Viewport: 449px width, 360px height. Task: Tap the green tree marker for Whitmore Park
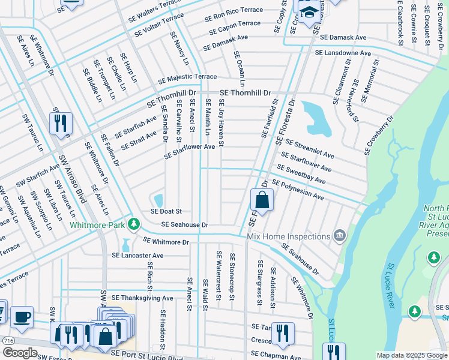[134, 225]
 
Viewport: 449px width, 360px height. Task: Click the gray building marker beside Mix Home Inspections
[340, 235]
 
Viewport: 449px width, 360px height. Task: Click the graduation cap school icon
[309, 13]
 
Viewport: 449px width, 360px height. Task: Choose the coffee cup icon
[22, 317]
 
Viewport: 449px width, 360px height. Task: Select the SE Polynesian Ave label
[298, 190]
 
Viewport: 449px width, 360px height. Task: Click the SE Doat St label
[166, 211]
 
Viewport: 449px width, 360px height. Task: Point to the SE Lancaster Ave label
[137, 255]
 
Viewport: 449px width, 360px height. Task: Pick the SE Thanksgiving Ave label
[142, 298]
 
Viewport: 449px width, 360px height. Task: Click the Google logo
[19, 353]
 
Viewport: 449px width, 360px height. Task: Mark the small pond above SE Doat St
[158, 199]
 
